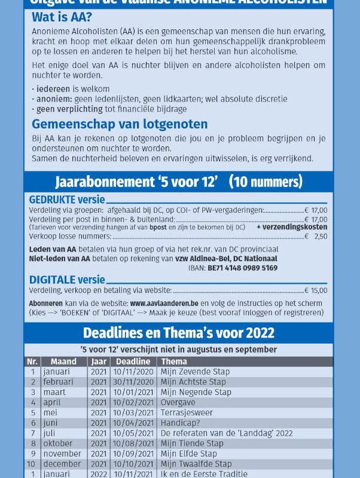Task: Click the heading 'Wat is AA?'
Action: pos(62,18)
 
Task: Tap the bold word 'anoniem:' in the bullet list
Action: pos(50,99)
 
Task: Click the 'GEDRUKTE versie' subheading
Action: pos(67,200)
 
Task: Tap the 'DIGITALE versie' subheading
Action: pos(67,280)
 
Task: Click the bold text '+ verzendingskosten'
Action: pos(292,227)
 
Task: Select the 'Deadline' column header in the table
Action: pos(133,361)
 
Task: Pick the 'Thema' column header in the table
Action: pos(173,361)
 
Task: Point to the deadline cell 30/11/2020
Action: pos(133,382)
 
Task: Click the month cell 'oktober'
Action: pos(58,443)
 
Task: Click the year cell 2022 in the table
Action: pos(98,474)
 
